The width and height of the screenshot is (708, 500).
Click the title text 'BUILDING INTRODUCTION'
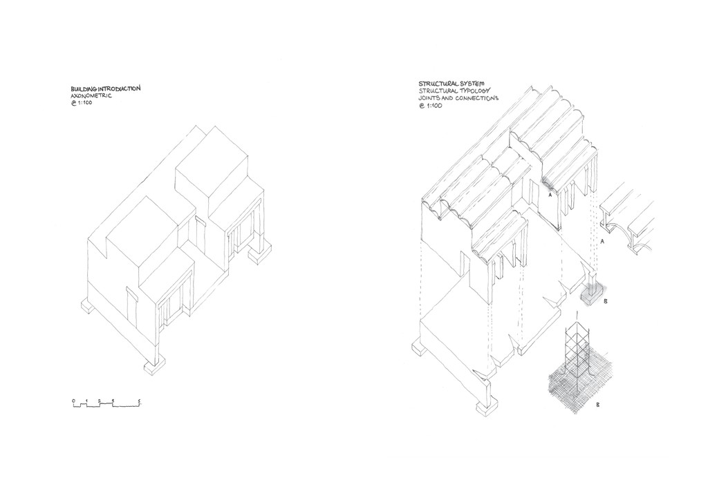106,89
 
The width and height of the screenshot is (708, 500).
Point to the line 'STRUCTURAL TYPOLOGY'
448,91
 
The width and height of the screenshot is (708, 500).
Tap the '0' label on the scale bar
73,401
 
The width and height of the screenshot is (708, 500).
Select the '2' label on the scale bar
100,401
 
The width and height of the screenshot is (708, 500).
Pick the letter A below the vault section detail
603,242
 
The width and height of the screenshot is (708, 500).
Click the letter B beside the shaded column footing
605,302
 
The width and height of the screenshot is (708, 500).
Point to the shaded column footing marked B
591,293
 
